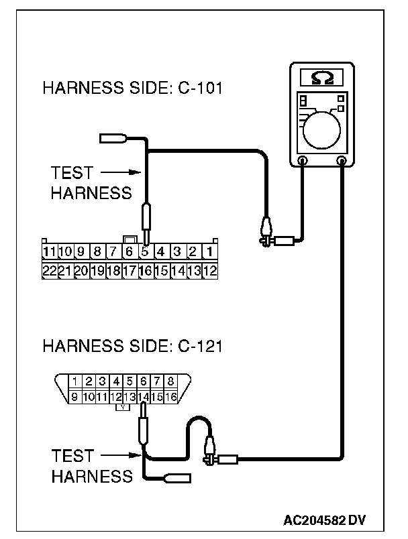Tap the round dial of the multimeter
click(323, 127)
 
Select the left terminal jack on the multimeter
click(303, 161)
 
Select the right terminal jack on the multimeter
click(343, 161)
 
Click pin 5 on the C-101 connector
click(145, 252)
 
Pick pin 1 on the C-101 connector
click(209, 252)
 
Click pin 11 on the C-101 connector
click(48, 252)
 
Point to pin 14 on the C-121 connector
click(144, 397)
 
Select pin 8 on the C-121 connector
click(170, 381)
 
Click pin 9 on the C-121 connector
click(75, 397)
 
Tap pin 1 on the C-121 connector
click(75, 381)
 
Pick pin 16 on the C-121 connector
click(171, 397)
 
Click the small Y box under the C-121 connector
click(123, 407)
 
